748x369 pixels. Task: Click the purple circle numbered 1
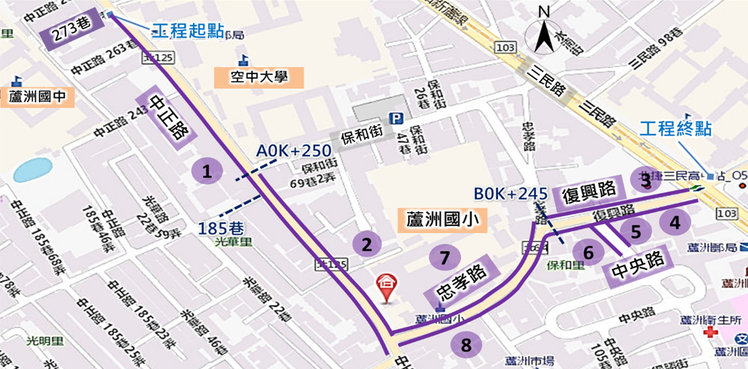click(x=207, y=172)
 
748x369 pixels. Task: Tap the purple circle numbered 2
click(x=366, y=243)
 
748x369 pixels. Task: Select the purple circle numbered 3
click(x=646, y=179)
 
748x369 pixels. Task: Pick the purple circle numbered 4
click(x=675, y=222)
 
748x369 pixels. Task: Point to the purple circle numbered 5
click(x=635, y=231)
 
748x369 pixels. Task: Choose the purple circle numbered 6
click(x=588, y=253)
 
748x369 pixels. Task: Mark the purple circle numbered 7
click(x=444, y=257)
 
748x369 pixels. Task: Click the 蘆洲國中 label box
click(x=35, y=96)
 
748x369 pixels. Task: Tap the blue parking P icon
click(x=396, y=119)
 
